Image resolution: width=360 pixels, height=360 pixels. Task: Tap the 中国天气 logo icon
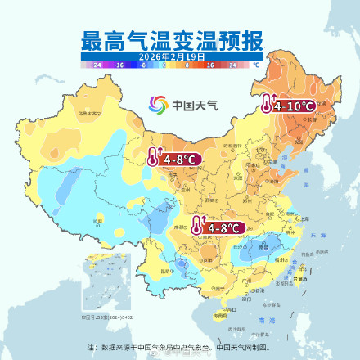click(x=156, y=105)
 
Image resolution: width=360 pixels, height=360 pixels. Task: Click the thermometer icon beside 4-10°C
click(x=268, y=105)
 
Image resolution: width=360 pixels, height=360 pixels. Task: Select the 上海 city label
click(x=304, y=218)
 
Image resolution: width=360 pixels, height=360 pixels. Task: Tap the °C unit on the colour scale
click(x=255, y=63)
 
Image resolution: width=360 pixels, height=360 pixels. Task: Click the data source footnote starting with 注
click(x=179, y=347)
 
